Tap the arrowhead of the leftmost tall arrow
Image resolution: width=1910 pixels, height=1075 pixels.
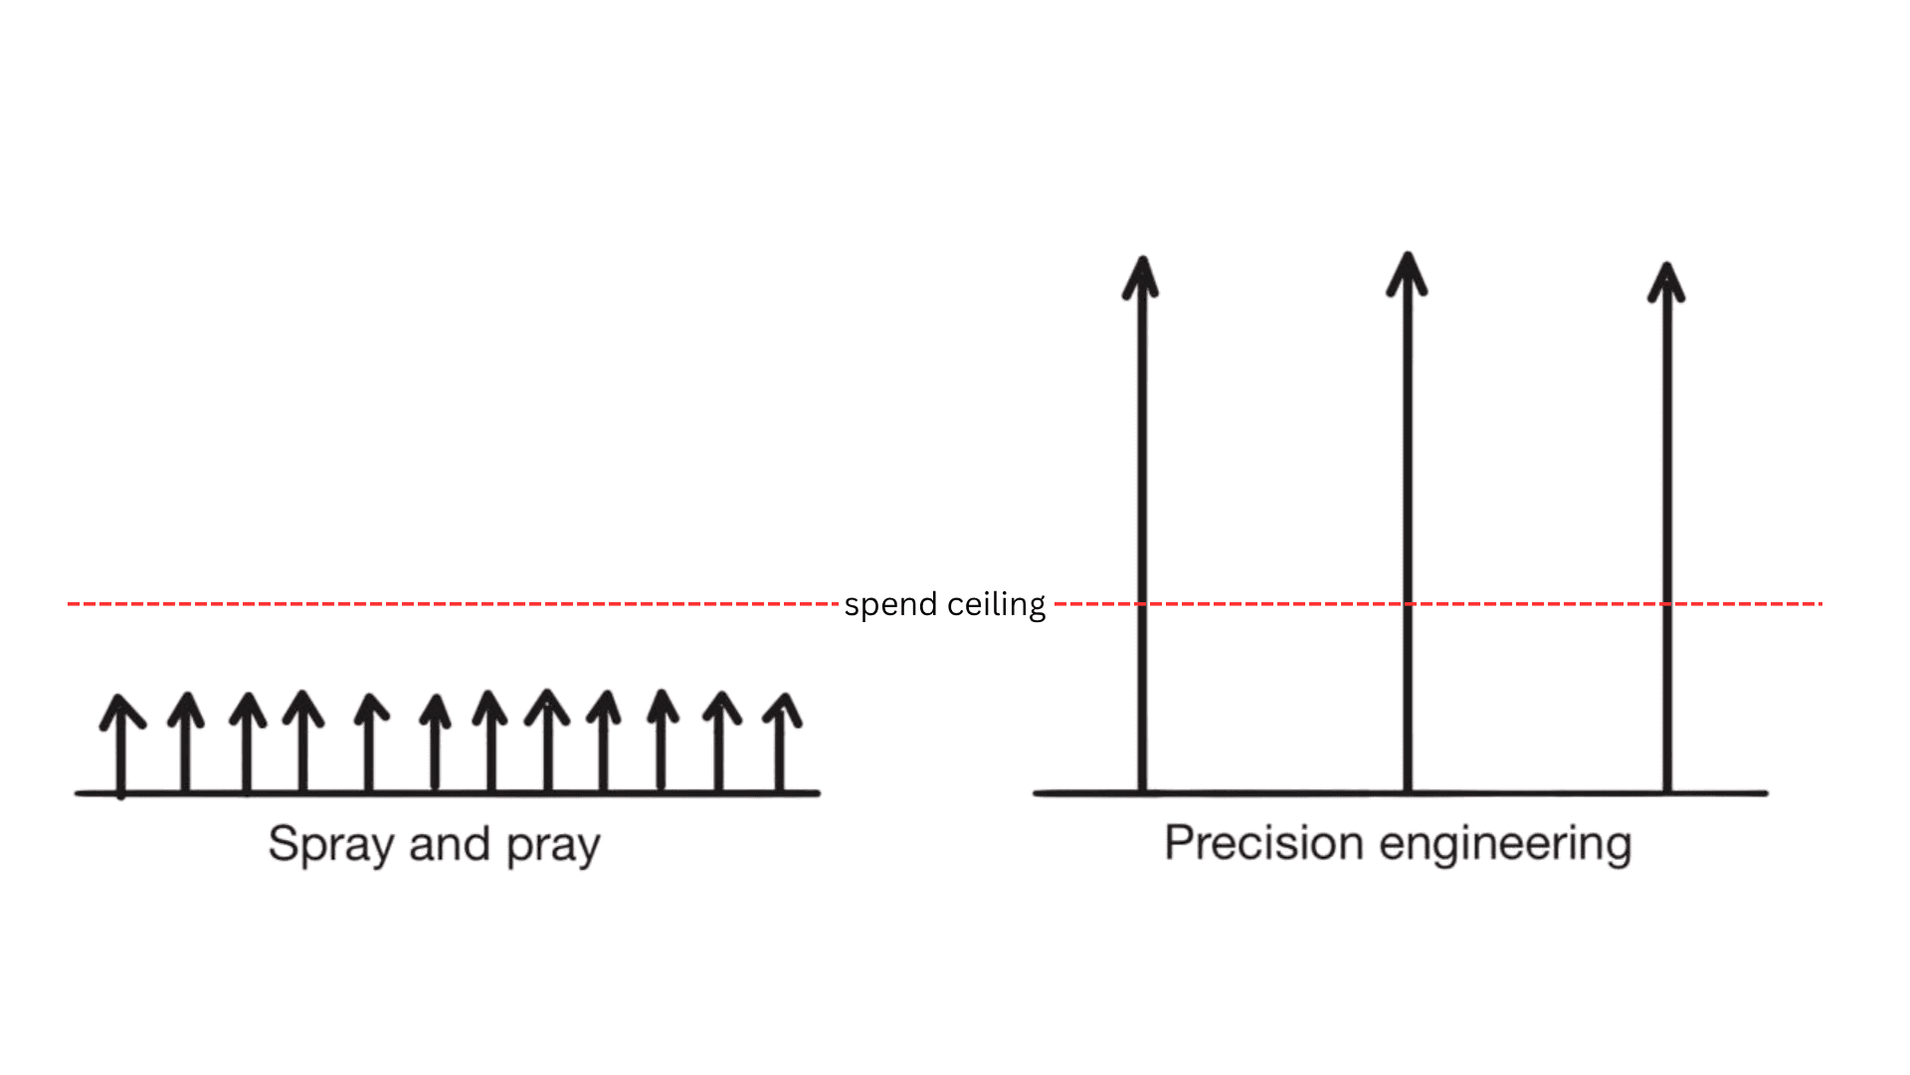(x=1141, y=277)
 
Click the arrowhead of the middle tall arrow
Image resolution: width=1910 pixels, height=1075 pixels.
(x=1407, y=274)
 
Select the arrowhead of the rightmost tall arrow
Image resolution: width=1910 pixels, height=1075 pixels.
(x=1666, y=283)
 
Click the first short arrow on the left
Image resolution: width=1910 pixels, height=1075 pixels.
(x=121, y=742)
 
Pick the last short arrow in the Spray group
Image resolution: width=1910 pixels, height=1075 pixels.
(x=782, y=741)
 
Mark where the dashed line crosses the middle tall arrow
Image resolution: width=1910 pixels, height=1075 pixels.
(x=1407, y=604)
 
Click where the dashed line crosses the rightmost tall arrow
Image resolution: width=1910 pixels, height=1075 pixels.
(x=1667, y=604)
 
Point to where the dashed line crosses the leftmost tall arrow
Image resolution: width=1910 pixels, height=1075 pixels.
(x=1142, y=604)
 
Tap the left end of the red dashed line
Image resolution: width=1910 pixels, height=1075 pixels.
(x=70, y=604)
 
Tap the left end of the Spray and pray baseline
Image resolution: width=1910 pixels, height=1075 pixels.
(x=78, y=793)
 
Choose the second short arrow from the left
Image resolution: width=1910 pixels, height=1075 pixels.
(x=185, y=741)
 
